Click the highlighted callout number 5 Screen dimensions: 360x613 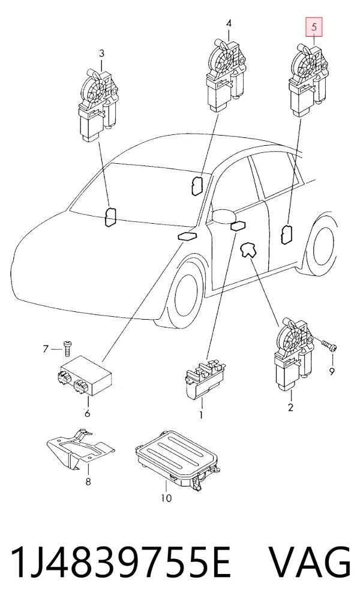(x=314, y=28)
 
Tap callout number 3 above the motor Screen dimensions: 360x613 (x=101, y=53)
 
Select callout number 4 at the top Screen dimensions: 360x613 (x=229, y=23)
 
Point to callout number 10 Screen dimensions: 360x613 (x=166, y=498)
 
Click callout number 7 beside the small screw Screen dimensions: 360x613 (x=46, y=348)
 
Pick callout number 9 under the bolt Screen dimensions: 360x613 (x=331, y=371)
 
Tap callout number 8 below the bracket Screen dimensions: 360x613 (x=88, y=482)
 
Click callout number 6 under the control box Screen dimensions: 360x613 (x=87, y=413)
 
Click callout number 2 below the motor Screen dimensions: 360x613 (x=290, y=407)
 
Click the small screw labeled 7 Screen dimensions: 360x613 (x=68, y=347)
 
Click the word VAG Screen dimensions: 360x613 (x=310, y=563)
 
